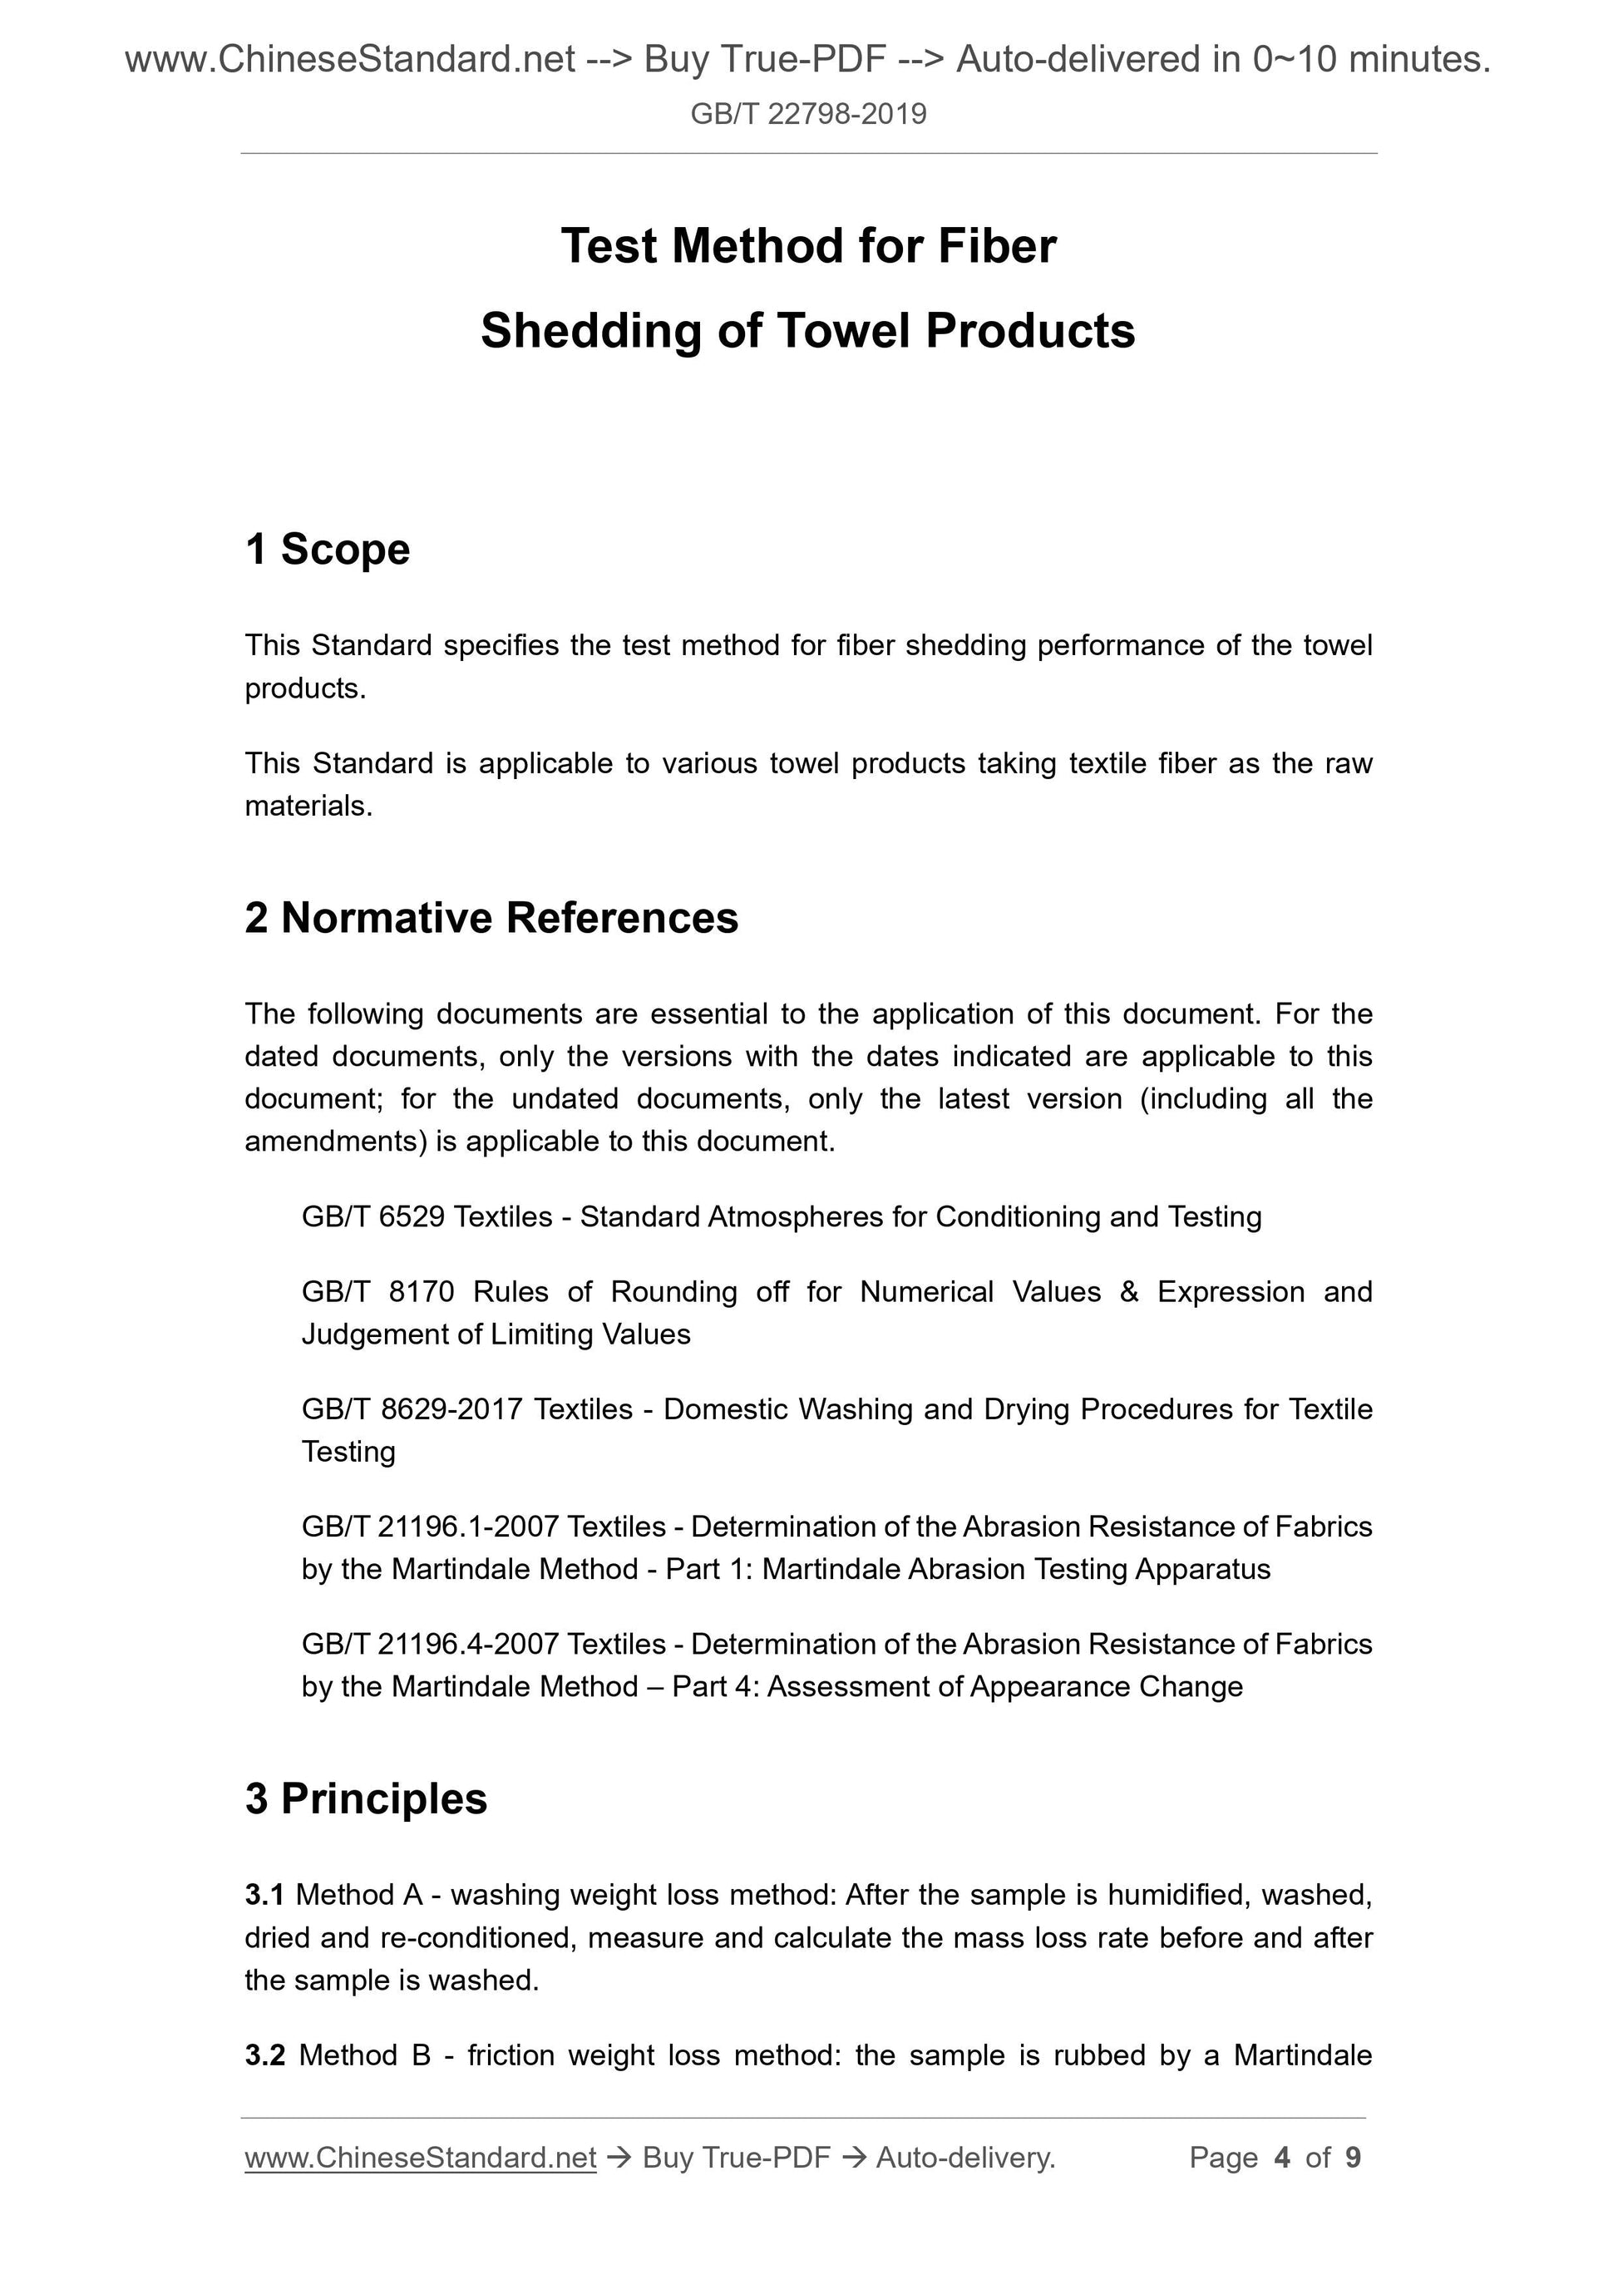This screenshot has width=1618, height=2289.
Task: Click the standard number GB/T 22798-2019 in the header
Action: pyautogui.click(x=807, y=115)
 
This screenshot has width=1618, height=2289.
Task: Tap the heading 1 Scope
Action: pyautogui.click(x=327, y=550)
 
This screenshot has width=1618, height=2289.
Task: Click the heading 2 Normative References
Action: pyautogui.click(x=491, y=917)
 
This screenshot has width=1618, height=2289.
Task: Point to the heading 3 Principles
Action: pyautogui.click(x=366, y=1798)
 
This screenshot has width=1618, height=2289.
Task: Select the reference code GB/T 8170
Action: pyautogui.click(x=377, y=1292)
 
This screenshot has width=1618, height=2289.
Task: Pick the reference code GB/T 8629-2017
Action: pyautogui.click(x=412, y=1408)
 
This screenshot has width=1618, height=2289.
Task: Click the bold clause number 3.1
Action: pyautogui.click(x=264, y=1894)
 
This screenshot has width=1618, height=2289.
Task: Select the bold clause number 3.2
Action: pyautogui.click(x=264, y=2055)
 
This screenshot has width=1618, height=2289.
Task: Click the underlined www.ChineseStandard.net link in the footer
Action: pyautogui.click(x=420, y=2158)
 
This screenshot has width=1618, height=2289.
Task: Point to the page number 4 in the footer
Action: pyautogui.click(x=1281, y=2158)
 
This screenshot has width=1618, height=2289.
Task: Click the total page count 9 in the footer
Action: pyautogui.click(x=1353, y=2158)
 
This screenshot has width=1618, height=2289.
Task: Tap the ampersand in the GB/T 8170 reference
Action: pyautogui.click(x=1128, y=1292)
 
